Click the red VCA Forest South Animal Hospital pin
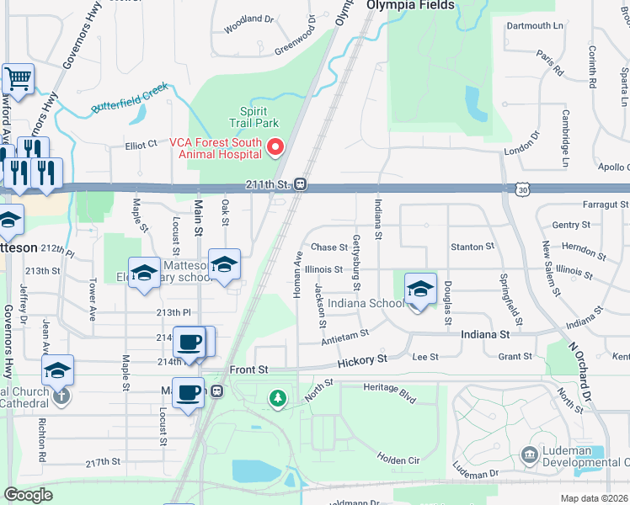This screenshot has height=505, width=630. [275, 148]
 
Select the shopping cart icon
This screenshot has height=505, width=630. [17, 79]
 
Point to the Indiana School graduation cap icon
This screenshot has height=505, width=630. [420, 288]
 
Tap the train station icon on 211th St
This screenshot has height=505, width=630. [299, 184]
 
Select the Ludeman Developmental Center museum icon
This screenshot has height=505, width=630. [530, 455]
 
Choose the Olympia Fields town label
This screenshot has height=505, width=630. [410, 5]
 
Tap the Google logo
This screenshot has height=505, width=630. [28, 495]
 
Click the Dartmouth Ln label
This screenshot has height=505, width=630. [535, 26]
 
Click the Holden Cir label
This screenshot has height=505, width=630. [398, 459]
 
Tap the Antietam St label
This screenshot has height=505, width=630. [345, 334]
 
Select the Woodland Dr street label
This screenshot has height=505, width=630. [249, 19]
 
